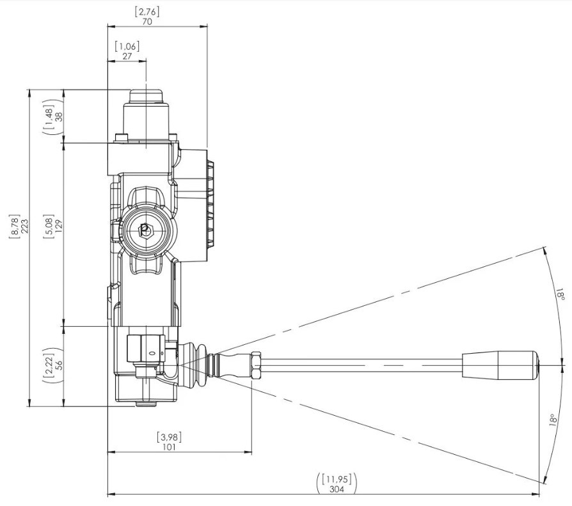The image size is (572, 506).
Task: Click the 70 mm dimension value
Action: [147, 22]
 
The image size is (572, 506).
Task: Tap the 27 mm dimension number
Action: [127, 56]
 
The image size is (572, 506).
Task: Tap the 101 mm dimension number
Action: [170, 447]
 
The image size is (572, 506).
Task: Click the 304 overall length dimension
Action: [337, 489]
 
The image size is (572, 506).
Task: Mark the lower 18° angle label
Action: [553, 420]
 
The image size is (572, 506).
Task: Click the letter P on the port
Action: [145, 230]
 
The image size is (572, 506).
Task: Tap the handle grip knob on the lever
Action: [500, 365]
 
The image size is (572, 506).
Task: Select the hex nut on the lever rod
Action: [257, 365]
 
